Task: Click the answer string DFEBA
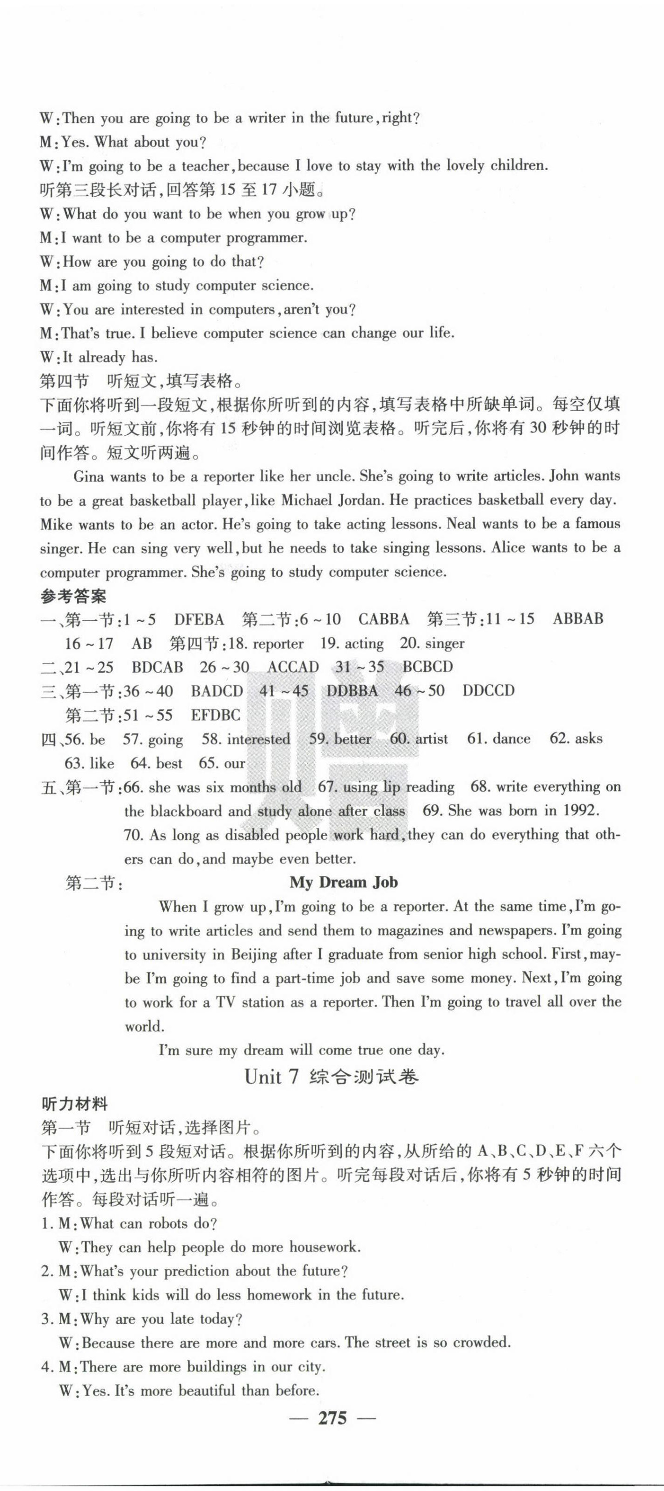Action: click(199, 619)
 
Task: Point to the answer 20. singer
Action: click(432, 643)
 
